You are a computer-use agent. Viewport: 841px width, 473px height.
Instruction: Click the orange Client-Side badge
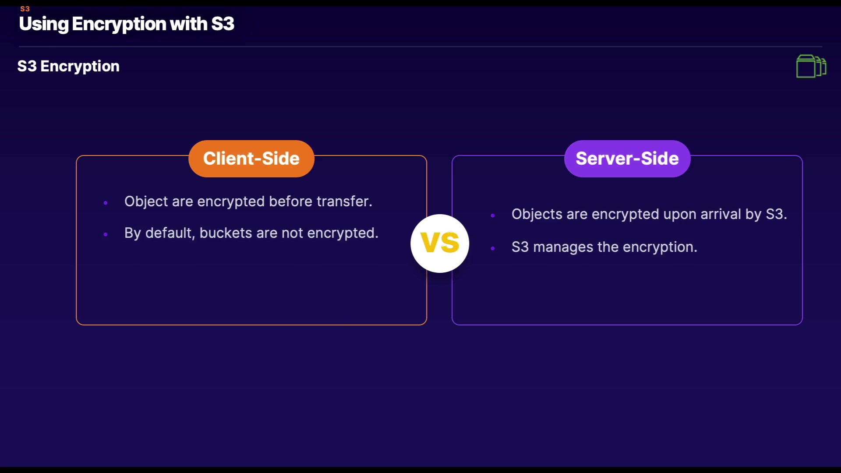tap(251, 159)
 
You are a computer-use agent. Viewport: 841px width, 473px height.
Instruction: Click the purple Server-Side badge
tap(627, 159)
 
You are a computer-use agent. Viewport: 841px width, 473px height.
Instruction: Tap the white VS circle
tap(440, 243)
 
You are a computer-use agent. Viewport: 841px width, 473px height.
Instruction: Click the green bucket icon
tap(811, 66)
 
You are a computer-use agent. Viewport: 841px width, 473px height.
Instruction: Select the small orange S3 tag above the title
tap(25, 9)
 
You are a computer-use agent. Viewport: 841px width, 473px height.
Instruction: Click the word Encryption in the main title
tap(118, 24)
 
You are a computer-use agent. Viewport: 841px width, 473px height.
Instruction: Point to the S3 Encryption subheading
tap(68, 66)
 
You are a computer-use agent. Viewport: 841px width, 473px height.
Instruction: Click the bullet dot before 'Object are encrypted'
tap(106, 202)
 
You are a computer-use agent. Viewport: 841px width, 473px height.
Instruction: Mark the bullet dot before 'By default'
tap(106, 234)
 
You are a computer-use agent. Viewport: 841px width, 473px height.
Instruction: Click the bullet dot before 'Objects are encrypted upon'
tap(493, 215)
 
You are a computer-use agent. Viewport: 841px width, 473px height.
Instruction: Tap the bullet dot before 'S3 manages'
tap(493, 248)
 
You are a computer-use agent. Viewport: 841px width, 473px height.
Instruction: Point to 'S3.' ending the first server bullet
tap(776, 214)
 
